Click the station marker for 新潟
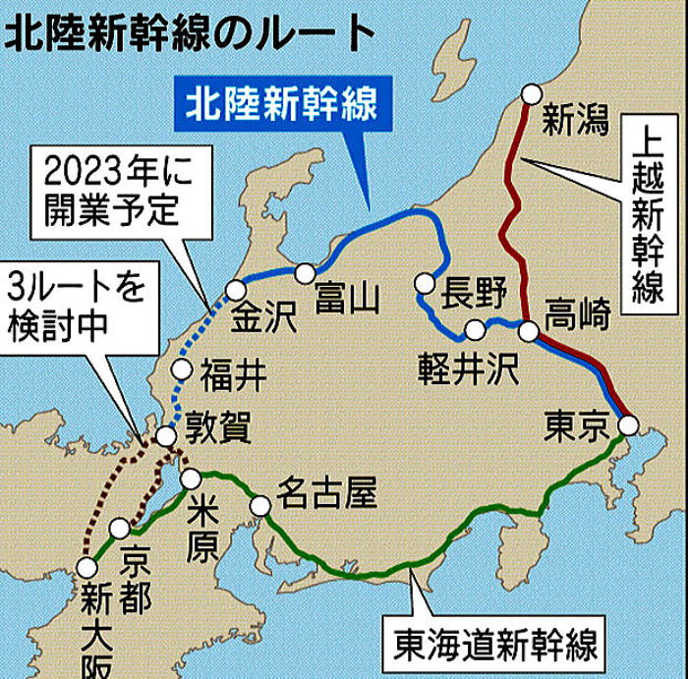pos(532,94)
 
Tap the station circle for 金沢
pos(236,290)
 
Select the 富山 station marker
pos(306,272)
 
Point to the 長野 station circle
pos(425,283)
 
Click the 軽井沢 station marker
pos(476,330)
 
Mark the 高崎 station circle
pos(529,330)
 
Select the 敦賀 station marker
pos(166,435)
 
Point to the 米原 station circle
pos(191,479)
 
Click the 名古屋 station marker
pos(260,506)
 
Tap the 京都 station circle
pos(120,529)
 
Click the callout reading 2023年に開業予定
pos(102,191)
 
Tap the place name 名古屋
pos(327,491)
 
